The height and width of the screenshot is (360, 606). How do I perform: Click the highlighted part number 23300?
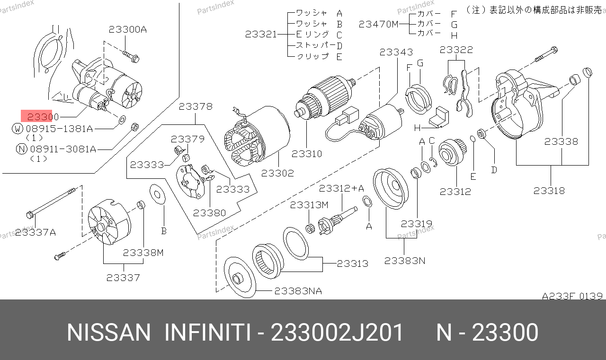click(x=43, y=117)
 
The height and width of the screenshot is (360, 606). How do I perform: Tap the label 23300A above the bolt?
click(x=128, y=29)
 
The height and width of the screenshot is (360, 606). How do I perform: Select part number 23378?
click(x=196, y=106)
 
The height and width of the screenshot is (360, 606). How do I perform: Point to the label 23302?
click(x=277, y=173)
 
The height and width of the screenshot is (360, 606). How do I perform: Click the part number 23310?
click(x=307, y=154)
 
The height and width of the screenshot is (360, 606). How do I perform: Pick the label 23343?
click(x=396, y=52)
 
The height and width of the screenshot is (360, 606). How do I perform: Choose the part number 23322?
click(x=456, y=50)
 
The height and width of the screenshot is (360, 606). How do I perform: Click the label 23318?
click(x=549, y=191)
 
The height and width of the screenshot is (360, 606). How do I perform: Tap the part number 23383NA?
click(x=298, y=291)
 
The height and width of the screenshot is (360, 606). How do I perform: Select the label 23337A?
click(x=36, y=232)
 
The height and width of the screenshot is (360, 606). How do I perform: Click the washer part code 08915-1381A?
click(x=59, y=129)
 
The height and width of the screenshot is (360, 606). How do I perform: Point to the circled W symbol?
click(x=18, y=129)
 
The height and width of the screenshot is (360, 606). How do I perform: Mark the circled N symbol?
click(x=22, y=149)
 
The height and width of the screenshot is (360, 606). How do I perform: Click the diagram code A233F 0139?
click(x=572, y=296)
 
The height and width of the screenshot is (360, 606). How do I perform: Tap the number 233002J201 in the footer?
click(x=337, y=333)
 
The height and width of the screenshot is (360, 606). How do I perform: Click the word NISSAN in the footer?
click(x=108, y=333)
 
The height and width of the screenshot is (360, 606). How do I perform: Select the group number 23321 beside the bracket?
click(x=261, y=35)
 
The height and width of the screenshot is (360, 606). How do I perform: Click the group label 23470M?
click(x=378, y=24)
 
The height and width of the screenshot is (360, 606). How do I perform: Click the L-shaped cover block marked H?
click(x=438, y=117)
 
